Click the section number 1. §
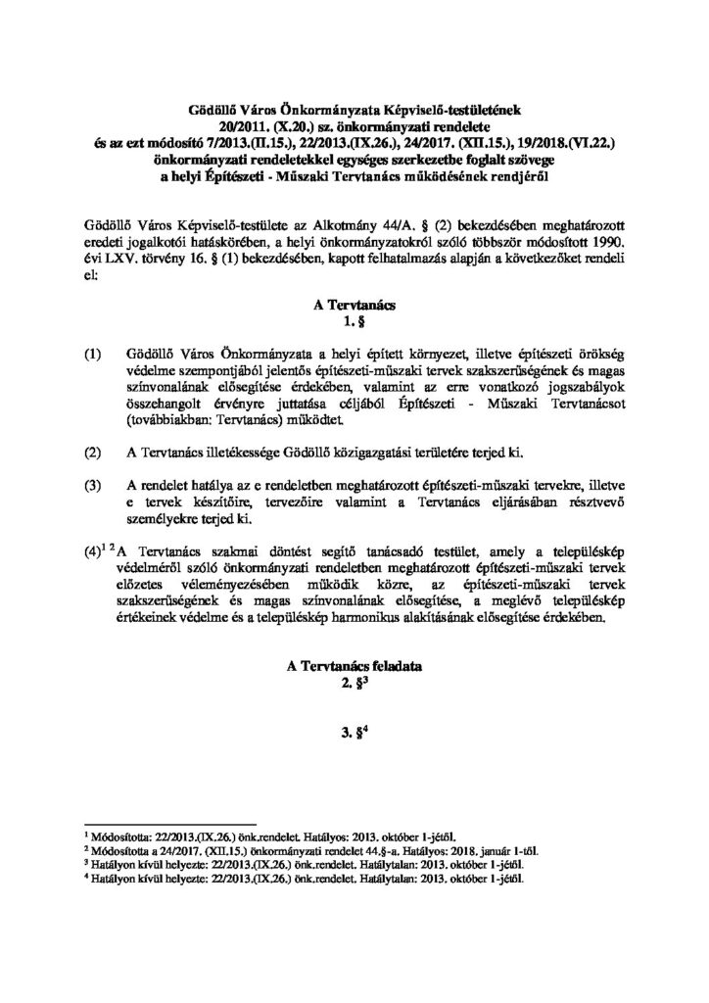click(354, 323)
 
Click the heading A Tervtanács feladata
click(354, 667)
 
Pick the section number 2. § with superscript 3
click(354, 684)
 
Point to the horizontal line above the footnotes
click(170, 825)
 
